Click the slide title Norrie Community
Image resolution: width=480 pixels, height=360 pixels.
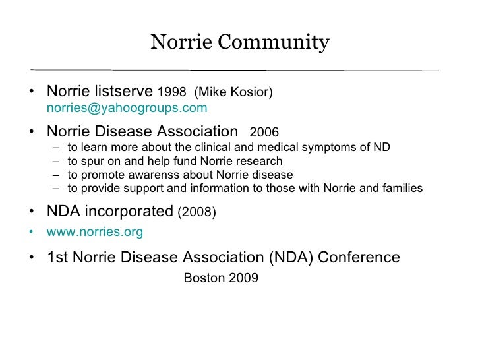(239, 43)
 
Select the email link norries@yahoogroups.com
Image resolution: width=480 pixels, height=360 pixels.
(127, 107)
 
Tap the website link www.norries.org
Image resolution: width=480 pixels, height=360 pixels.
(94, 232)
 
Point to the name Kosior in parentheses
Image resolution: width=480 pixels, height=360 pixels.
(251, 91)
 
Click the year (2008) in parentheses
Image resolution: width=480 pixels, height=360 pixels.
(197, 212)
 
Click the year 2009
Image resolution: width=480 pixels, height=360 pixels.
(244, 278)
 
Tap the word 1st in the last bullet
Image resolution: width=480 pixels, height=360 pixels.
(57, 257)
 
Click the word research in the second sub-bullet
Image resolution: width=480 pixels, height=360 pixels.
(260, 161)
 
